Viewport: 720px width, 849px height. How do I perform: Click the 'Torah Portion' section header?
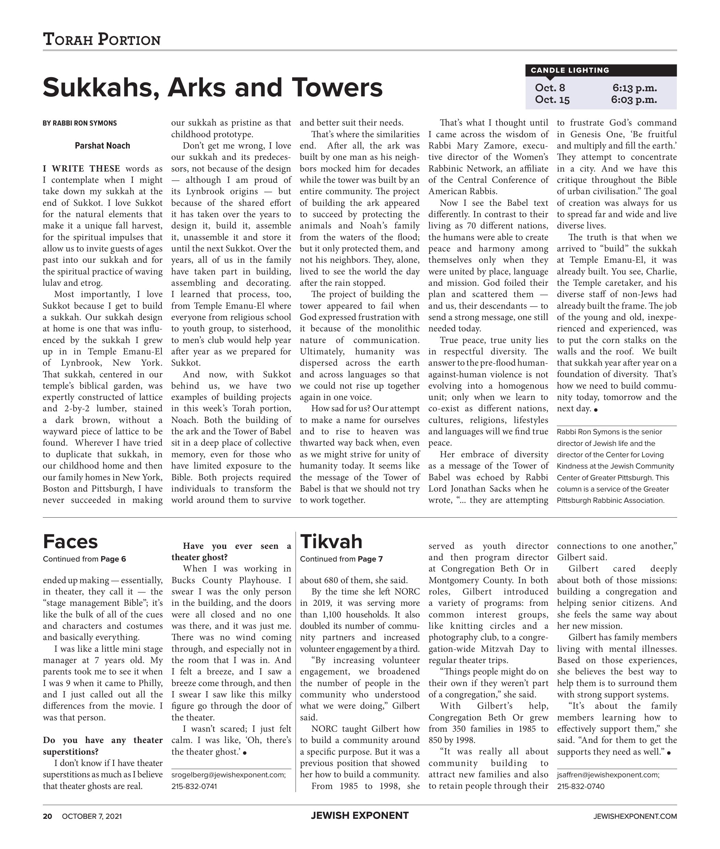click(x=101, y=39)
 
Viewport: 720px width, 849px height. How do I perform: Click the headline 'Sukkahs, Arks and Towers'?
click(x=213, y=87)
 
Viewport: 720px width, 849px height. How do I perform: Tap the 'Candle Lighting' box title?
click(x=570, y=70)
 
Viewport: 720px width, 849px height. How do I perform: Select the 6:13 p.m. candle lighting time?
click(x=634, y=88)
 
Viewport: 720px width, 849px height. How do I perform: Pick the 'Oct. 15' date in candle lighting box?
click(x=552, y=99)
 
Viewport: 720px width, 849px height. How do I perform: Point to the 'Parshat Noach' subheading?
click(x=103, y=146)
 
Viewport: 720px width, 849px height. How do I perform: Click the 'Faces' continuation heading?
click(x=70, y=542)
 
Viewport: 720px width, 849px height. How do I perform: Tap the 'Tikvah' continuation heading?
click(x=331, y=542)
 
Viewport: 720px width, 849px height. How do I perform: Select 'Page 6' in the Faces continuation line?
click(x=113, y=559)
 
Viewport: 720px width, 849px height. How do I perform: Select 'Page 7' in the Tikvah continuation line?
click(x=370, y=559)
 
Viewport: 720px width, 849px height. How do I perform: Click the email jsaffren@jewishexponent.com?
click(x=608, y=775)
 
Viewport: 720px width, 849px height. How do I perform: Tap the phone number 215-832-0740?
click(x=580, y=786)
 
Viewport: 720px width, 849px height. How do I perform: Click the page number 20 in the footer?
click(x=47, y=816)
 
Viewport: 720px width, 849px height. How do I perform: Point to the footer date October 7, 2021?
click(x=92, y=816)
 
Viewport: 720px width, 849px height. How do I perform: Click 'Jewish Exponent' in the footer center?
click(x=360, y=815)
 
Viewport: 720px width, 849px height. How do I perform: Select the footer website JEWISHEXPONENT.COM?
click(x=635, y=816)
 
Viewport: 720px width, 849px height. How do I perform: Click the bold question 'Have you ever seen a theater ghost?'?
click(x=231, y=551)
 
